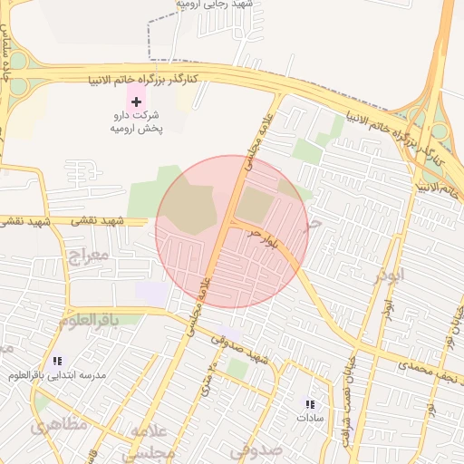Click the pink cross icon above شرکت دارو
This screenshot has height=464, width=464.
(136, 101)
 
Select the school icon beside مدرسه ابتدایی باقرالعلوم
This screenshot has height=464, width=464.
(57, 361)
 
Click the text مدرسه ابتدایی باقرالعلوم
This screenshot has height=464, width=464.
(69, 375)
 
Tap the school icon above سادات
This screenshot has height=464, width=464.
(310, 404)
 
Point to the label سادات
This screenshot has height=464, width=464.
(310, 419)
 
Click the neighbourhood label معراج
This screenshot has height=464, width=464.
(88, 256)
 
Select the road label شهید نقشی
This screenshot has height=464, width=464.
(100, 222)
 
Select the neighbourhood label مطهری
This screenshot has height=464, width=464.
(58, 423)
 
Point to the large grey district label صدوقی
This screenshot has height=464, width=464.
(256, 449)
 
